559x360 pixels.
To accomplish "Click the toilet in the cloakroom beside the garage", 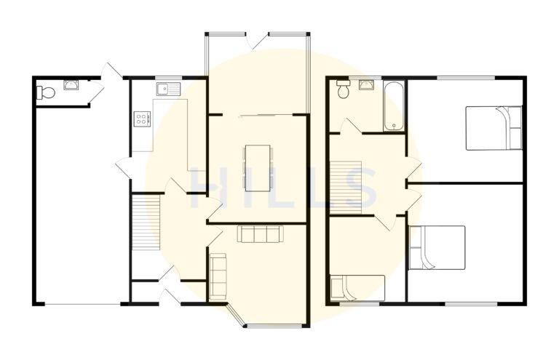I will (x=46, y=92).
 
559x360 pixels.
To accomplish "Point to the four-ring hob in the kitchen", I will (x=140, y=117).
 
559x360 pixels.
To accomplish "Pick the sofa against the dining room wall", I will (x=260, y=234).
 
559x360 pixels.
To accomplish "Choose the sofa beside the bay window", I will (x=218, y=276).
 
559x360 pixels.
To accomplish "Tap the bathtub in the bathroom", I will (x=394, y=106).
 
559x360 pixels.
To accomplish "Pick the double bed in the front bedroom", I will (x=437, y=247).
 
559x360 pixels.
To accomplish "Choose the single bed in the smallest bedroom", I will (x=357, y=287).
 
